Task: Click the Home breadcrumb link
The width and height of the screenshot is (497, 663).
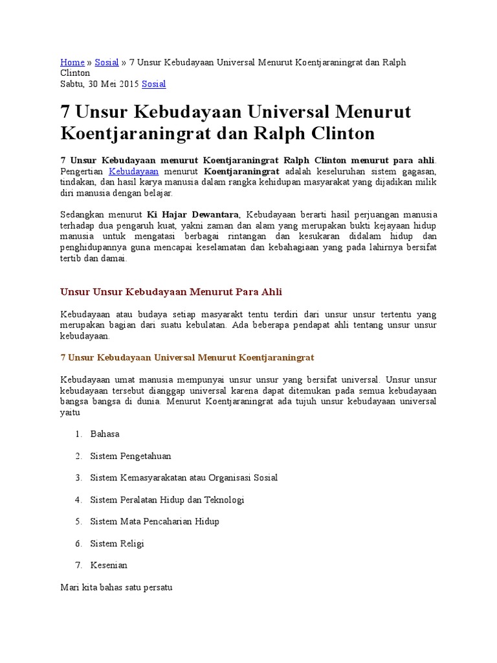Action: [x=72, y=62]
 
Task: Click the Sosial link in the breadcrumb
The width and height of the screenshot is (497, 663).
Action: [x=107, y=62]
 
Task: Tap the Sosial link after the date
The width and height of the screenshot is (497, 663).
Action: [x=153, y=84]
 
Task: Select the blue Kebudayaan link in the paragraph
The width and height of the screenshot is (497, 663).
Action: [x=134, y=171]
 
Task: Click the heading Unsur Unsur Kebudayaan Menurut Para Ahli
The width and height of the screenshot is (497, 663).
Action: [x=171, y=291]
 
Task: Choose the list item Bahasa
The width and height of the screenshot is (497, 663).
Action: [x=105, y=434]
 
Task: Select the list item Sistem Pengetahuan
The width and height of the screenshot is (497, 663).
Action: [x=131, y=456]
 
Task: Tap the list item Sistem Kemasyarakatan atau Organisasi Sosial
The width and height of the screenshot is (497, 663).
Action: [x=184, y=478]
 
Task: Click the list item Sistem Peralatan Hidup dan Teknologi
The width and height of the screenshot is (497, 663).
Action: [x=167, y=500]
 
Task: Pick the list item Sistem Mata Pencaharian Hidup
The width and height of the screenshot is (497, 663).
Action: [x=155, y=521]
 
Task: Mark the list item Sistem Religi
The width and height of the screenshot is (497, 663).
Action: [x=117, y=543]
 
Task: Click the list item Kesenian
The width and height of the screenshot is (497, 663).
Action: [x=109, y=565]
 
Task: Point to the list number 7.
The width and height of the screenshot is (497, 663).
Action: [x=78, y=565]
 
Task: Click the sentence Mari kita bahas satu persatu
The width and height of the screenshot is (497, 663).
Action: [x=116, y=588]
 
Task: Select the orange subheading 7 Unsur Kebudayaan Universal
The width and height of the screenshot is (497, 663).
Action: [x=187, y=357]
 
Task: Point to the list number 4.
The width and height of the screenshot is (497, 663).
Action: [x=78, y=500]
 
